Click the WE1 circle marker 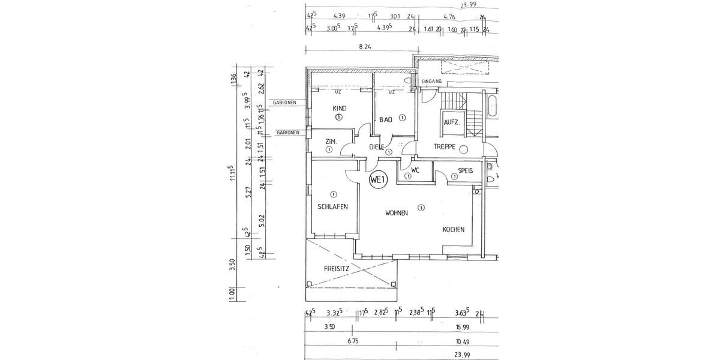[x=377, y=179]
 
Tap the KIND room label [x=339, y=109]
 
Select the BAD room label [x=385, y=120]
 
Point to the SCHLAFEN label [x=333, y=206]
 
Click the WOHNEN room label [x=397, y=213]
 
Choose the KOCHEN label [x=454, y=230]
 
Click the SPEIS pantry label [x=466, y=170]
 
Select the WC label [x=415, y=170]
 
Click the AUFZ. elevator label [x=451, y=122]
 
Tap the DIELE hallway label [x=376, y=147]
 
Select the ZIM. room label [x=330, y=142]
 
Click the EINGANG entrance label [x=432, y=81]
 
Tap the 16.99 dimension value [x=461, y=327]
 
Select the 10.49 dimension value [x=461, y=341]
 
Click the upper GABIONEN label [x=284, y=103]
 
